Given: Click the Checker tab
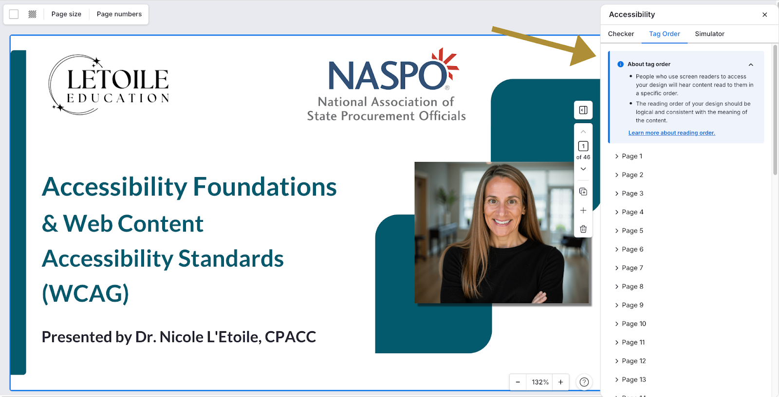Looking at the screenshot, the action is click(621, 34).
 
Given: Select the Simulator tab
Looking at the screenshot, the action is click(709, 34).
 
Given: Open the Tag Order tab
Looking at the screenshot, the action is click(664, 34).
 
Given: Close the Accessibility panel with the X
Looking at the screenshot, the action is click(764, 15).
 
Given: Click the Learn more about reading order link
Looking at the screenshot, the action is click(671, 133).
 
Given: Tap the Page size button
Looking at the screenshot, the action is click(66, 14).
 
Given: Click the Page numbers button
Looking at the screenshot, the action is click(119, 14).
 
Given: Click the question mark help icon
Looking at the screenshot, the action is click(584, 382).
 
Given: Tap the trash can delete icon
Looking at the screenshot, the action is click(583, 229).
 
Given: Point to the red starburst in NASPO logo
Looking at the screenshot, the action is click(445, 63).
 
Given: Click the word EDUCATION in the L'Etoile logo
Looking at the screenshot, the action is click(118, 98).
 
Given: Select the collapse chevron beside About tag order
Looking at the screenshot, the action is click(751, 65).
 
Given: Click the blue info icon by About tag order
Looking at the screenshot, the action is click(620, 64).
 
